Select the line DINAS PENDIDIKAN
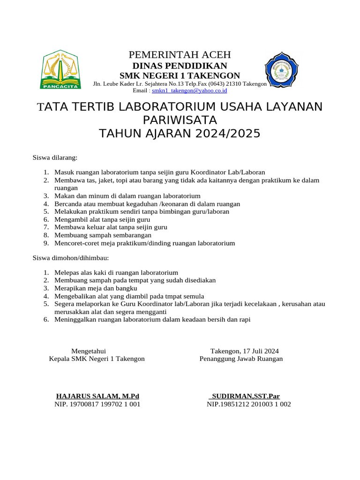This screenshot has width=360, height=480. (180, 66)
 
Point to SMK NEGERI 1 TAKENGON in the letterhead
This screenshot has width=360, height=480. (180, 75)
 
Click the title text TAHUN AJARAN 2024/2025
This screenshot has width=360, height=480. (180, 134)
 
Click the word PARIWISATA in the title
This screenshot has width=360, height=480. (180, 120)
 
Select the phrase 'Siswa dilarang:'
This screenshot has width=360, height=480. (55, 157)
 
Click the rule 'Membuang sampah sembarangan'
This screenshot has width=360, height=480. (103, 235)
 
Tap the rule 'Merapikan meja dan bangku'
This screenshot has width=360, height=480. (96, 288)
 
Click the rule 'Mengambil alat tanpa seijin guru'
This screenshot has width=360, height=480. (102, 219)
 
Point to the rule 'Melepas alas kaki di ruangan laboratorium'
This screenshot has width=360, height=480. (116, 272)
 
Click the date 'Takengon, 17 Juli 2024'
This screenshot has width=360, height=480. (245, 351)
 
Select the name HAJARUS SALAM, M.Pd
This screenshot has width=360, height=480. (97, 396)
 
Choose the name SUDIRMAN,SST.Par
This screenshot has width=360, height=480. (245, 396)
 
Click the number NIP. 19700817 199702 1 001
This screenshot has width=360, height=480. (97, 404)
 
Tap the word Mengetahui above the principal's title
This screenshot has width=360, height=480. (89, 351)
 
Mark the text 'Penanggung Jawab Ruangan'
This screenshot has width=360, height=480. (241, 359)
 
